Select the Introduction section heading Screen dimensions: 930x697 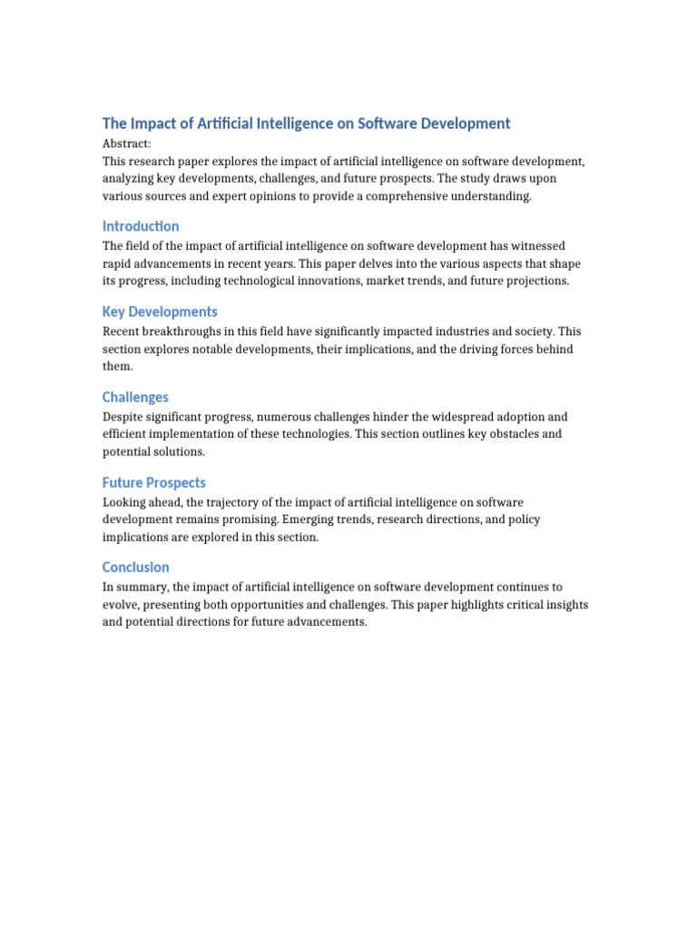click(x=141, y=226)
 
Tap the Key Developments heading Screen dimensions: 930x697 click(x=160, y=312)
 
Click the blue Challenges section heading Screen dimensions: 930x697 click(x=135, y=397)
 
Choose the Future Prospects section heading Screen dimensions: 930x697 click(x=154, y=482)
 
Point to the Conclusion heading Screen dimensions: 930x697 click(x=136, y=568)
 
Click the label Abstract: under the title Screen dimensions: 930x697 click(x=127, y=143)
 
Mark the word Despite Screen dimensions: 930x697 click(x=123, y=417)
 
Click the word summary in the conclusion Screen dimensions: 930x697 click(x=143, y=588)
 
